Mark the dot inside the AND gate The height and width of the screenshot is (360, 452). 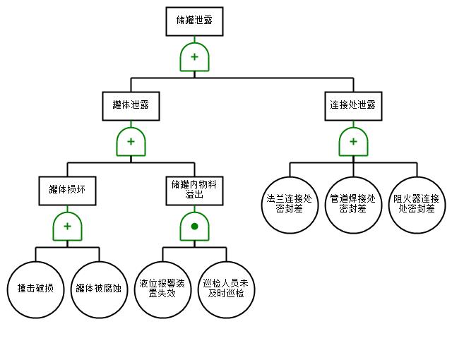click(194, 227)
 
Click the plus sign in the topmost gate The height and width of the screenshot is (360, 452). click(194, 57)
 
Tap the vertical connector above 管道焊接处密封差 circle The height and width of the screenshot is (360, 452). click(353, 170)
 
